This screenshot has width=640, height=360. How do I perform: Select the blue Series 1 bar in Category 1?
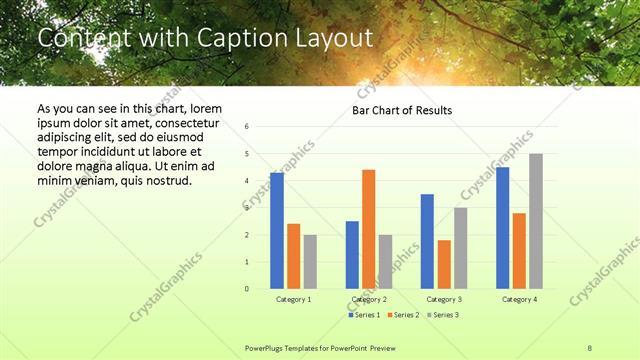[277, 231]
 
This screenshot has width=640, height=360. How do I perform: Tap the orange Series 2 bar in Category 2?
[369, 229]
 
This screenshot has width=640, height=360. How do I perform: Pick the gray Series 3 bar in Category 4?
[536, 221]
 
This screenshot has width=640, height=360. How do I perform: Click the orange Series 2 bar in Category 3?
[444, 264]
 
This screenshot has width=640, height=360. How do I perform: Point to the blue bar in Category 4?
[502, 228]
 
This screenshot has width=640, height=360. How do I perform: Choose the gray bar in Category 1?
[311, 262]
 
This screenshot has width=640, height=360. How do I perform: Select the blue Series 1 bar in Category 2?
[352, 255]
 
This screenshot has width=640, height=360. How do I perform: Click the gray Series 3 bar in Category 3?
[461, 248]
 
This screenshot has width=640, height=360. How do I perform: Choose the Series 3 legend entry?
[442, 315]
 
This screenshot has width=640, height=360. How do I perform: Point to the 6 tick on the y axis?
[246, 127]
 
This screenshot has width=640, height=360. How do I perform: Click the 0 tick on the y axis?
[246, 289]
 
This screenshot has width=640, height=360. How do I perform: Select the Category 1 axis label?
[294, 299]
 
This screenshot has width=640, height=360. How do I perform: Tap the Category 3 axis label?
[444, 299]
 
